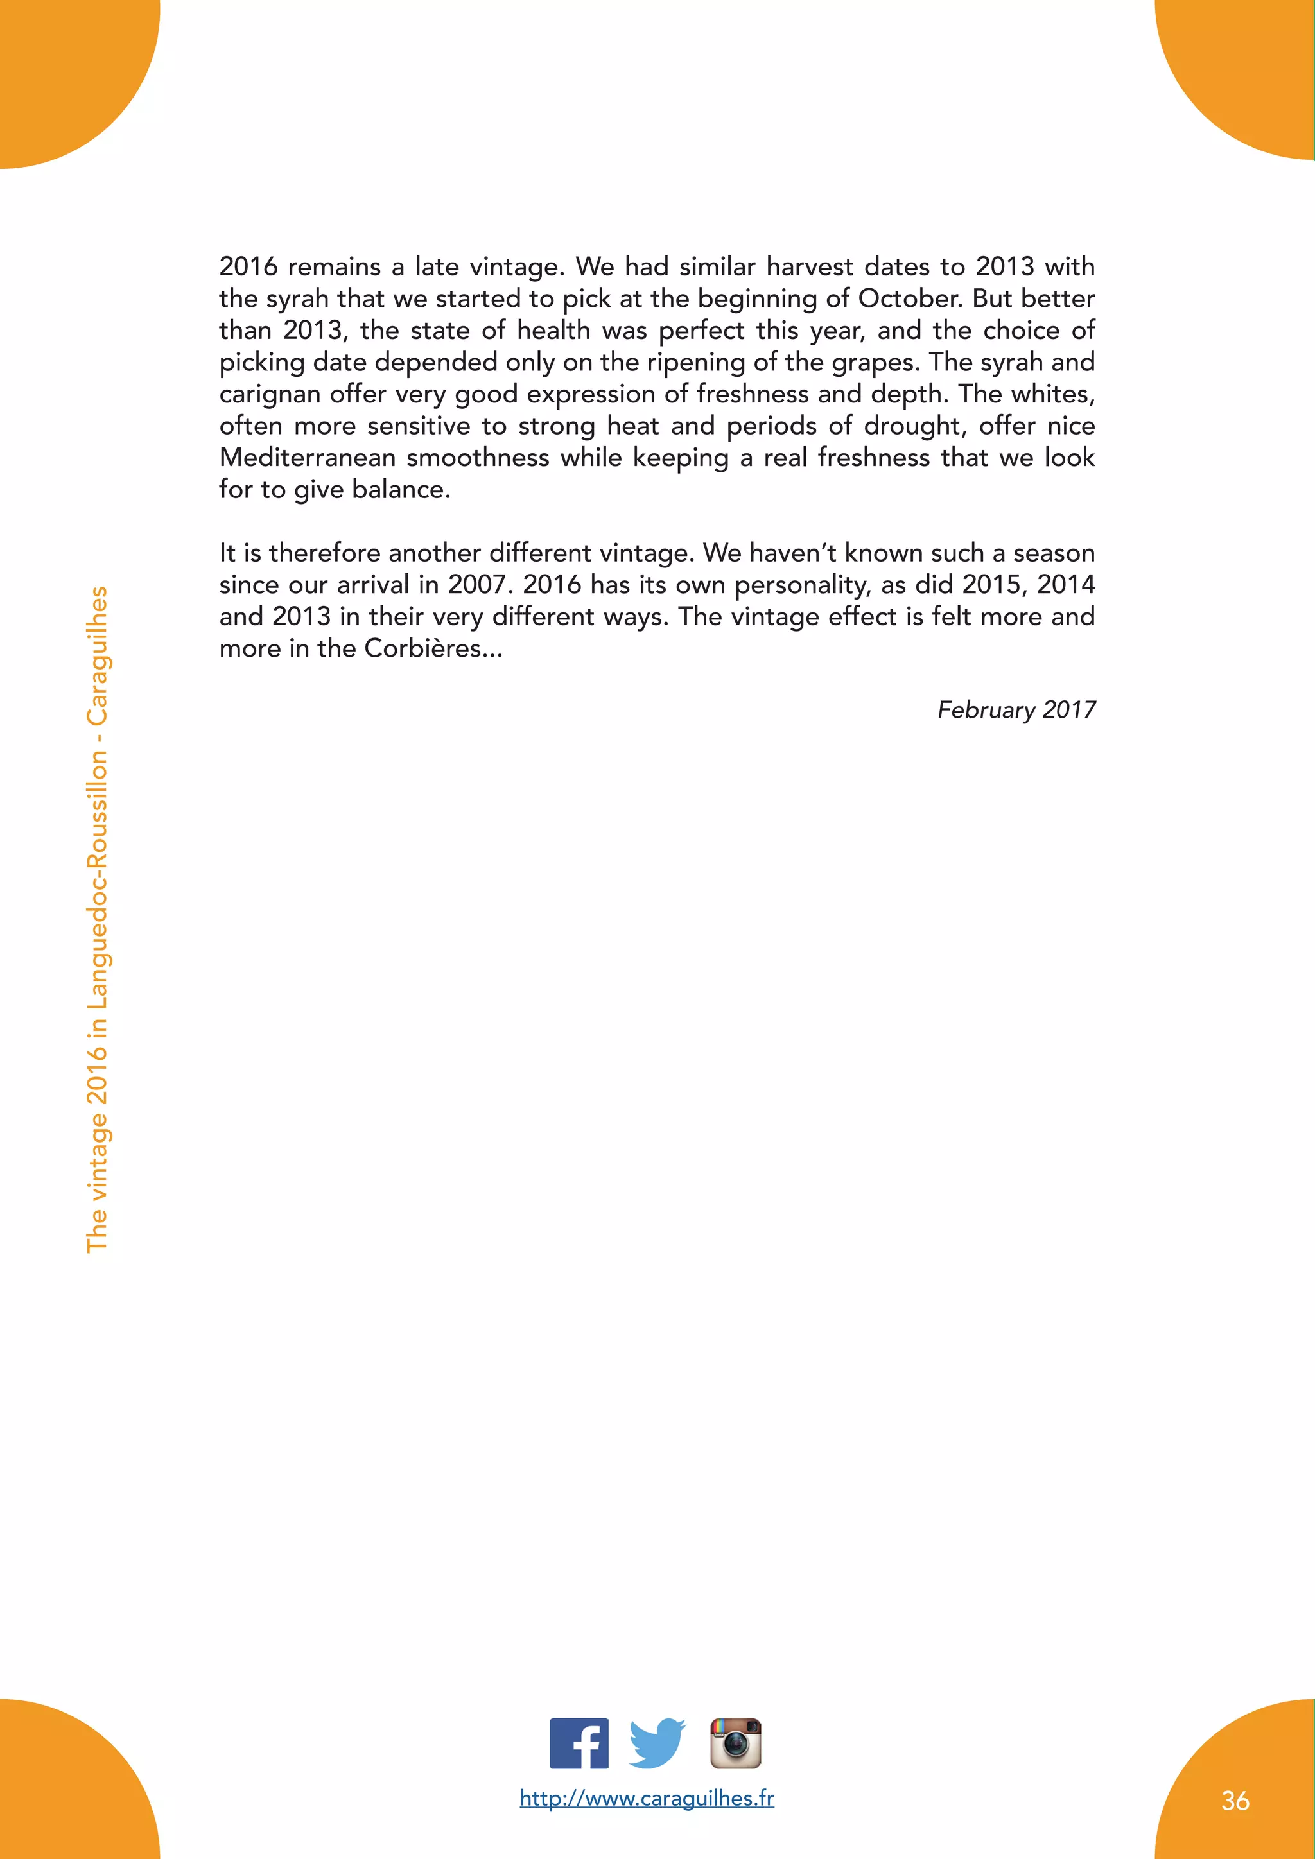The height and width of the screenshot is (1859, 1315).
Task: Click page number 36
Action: pos(1235,1801)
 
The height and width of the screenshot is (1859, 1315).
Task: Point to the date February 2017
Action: pos(1016,710)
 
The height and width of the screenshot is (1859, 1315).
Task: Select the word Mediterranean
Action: pos(308,458)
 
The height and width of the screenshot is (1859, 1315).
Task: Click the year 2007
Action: pos(480,585)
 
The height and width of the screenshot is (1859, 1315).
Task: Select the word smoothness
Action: pos(478,458)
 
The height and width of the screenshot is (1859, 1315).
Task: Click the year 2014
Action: pos(1066,585)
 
